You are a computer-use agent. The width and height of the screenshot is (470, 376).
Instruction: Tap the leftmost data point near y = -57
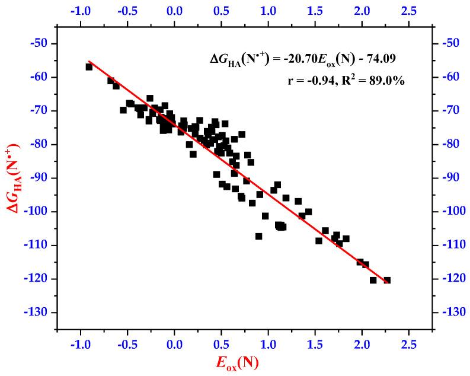(x=89, y=67)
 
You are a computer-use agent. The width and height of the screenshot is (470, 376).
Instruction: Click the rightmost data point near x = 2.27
(x=387, y=280)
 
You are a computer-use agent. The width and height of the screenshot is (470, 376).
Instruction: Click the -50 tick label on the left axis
(x=42, y=44)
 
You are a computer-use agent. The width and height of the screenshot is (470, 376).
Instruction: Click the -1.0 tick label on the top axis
(x=80, y=11)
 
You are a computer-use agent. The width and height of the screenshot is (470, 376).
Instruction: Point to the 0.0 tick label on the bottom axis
(x=174, y=343)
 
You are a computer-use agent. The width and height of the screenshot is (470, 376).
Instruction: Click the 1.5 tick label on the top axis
(x=315, y=11)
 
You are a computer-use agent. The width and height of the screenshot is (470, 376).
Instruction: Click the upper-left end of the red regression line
(x=89, y=61)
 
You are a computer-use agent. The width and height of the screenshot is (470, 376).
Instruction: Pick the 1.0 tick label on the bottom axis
(x=268, y=343)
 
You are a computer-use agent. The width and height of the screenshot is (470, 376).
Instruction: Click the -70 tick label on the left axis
(x=42, y=111)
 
